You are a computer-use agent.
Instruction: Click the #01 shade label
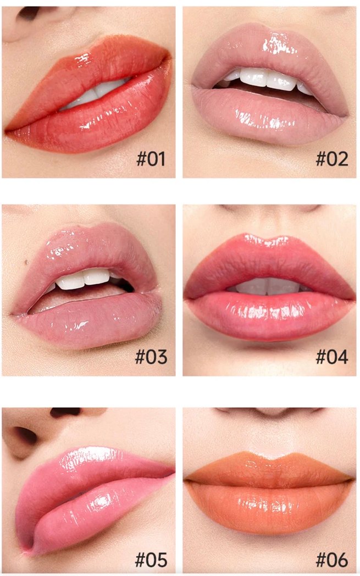[x=151, y=159]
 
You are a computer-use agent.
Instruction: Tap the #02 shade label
[x=332, y=159]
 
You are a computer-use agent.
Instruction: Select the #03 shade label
[x=151, y=357]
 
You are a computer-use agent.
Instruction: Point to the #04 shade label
[x=332, y=357]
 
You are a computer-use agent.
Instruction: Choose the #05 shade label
[x=151, y=560]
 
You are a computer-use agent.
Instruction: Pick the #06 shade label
[x=332, y=560]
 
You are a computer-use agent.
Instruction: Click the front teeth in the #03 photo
[x=83, y=279]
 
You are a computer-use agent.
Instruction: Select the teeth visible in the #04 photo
[x=268, y=286]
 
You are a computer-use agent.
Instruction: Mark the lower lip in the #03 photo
[x=88, y=324]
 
